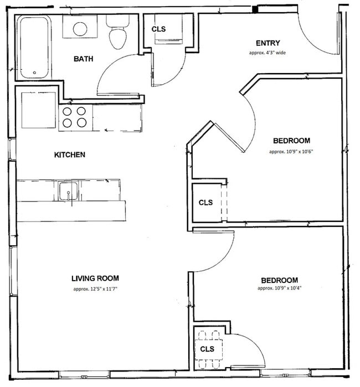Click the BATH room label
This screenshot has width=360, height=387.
83,58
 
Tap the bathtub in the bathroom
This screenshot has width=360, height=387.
34,48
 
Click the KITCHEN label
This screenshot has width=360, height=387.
69,154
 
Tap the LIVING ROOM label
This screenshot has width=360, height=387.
95,278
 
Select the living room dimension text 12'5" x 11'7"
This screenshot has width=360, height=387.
95,289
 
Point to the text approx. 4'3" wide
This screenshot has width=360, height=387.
267,53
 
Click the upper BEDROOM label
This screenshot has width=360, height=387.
291,141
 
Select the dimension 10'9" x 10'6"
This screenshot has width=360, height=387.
291,151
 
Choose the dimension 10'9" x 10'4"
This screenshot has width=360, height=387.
279,288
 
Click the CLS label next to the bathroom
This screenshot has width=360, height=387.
158,29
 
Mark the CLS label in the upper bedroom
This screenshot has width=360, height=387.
205,203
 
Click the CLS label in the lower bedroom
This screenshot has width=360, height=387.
207,349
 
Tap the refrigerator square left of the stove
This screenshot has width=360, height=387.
39,110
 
